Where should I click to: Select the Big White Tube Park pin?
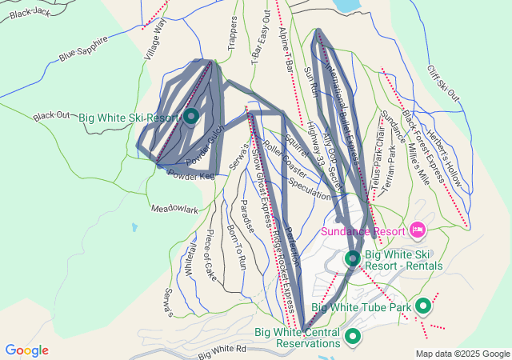[x=423, y=306]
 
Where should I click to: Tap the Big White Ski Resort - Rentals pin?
[x=353, y=258]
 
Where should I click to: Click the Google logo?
[x=26, y=350]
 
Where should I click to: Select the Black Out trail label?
[x=51, y=116]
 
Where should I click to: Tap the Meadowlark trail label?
[x=174, y=209]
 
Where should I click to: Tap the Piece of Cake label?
[x=210, y=254]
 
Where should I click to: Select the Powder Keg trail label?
[x=192, y=174]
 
